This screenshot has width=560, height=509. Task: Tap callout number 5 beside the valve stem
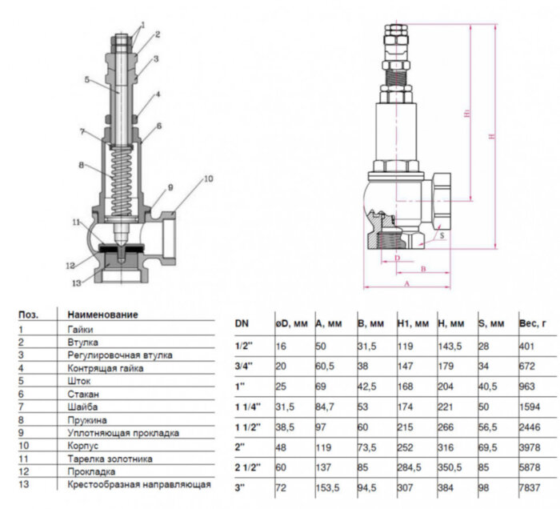(86, 79)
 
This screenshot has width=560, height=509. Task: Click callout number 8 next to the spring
(81, 166)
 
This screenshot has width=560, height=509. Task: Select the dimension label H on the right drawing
(493, 137)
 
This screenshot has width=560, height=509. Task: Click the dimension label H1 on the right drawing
(466, 114)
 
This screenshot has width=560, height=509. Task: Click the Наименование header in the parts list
(102, 315)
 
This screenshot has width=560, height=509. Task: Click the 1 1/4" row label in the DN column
(246, 407)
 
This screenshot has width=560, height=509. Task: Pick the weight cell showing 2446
(528, 428)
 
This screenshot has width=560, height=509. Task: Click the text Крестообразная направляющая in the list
(138, 484)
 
